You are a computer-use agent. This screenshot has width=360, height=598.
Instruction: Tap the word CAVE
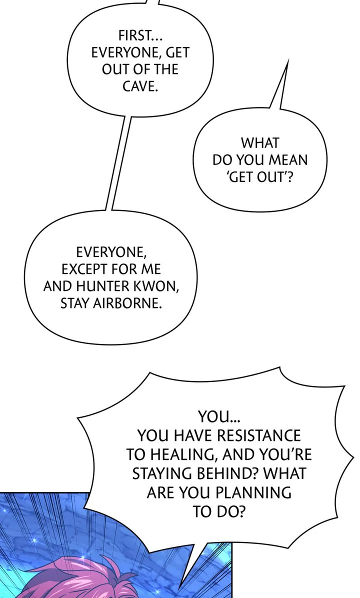(140, 85)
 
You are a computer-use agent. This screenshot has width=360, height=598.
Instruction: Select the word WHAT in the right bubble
(259, 143)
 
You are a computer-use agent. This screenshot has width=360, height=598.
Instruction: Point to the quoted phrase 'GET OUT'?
(259, 176)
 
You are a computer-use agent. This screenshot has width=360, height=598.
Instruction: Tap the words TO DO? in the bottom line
(218, 511)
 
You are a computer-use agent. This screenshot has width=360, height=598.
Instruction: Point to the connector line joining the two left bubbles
(118, 160)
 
